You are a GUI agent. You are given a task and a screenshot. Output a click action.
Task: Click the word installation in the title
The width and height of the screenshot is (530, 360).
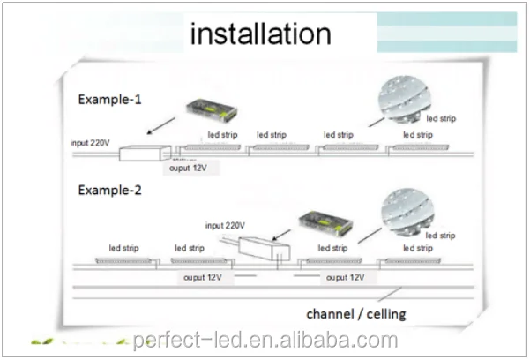click(261, 34)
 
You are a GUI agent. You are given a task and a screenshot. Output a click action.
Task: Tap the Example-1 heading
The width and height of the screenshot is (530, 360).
click(109, 100)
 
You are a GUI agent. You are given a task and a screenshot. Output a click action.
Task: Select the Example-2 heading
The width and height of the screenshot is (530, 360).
click(109, 191)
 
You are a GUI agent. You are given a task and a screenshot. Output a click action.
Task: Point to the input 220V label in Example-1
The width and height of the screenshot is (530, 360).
click(90, 143)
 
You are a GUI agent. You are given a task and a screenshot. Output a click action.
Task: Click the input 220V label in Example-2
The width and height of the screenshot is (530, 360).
click(225, 225)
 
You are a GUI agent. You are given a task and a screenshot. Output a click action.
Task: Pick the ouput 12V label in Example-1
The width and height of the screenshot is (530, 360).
click(188, 168)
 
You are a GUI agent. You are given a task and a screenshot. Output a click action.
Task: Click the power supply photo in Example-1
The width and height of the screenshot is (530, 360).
click(212, 111)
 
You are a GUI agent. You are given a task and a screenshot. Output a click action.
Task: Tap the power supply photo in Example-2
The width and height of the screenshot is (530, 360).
click(325, 223)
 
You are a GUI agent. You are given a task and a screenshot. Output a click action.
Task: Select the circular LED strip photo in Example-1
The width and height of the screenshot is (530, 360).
click(404, 99)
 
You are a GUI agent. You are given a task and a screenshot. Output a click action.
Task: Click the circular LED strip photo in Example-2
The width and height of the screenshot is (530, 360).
click(407, 213)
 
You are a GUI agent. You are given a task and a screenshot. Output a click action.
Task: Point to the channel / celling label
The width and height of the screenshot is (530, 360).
click(356, 314)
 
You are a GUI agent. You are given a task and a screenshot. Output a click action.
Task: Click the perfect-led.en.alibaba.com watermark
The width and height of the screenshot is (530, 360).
click(265, 340)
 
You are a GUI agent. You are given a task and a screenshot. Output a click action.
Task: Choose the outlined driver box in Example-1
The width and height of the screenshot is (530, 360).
click(145, 153)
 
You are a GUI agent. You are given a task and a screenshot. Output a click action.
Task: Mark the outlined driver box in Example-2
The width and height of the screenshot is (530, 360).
click(264, 249)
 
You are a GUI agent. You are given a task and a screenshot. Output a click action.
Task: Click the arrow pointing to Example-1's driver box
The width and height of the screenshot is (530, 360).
click(160, 126)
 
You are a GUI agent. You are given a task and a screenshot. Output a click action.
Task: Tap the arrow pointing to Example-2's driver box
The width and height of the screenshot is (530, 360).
click(281, 235)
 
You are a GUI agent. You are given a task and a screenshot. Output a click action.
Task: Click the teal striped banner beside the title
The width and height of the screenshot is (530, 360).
click(447, 32)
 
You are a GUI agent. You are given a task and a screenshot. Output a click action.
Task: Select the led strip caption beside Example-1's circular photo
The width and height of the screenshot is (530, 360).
click(441, 118)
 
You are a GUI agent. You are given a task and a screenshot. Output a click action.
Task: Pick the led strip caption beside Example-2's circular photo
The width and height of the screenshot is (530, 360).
click(440, 236)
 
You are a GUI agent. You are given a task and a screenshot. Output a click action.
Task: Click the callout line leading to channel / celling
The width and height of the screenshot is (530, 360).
click(390, 294)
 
